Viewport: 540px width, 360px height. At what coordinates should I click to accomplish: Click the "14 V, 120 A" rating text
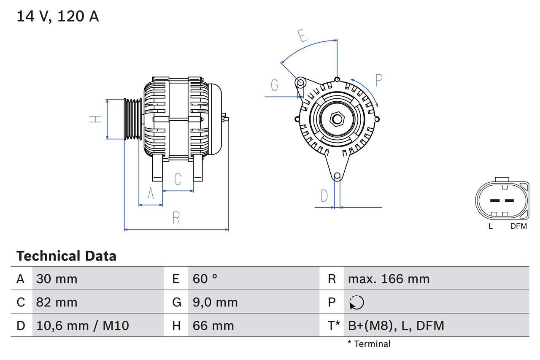(58, 16)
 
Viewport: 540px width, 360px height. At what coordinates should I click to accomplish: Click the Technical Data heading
(66, 256)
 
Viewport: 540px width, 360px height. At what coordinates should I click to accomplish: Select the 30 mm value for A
(57, 279)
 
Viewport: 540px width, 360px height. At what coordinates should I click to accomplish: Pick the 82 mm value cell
(57, 302)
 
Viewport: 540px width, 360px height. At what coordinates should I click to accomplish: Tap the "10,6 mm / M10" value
(83, 325)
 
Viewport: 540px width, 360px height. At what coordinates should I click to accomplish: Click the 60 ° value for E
(205, 279)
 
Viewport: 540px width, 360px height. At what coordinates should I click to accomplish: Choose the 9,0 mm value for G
(215, 302)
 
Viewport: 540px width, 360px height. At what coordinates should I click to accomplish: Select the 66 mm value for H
(213, 325)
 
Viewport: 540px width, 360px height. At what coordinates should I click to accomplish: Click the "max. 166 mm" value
(389, 279)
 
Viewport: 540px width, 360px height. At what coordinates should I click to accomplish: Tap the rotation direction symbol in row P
(356, 302)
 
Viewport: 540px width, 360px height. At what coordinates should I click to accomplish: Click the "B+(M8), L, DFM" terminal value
(396, 325)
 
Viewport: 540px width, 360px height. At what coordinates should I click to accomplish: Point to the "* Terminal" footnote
(369, 344)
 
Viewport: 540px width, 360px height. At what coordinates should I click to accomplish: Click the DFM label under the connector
(518, 226)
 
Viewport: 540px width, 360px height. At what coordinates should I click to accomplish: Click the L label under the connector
(490, 226)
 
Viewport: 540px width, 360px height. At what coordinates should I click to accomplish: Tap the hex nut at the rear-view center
(337, 119)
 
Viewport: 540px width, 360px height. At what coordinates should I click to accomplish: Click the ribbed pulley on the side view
(133, 119)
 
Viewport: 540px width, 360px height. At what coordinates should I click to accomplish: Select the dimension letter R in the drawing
(176, 218)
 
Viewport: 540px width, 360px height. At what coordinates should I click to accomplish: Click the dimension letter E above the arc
(302, 36)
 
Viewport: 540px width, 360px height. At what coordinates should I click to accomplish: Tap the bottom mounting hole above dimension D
(337, 176)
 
